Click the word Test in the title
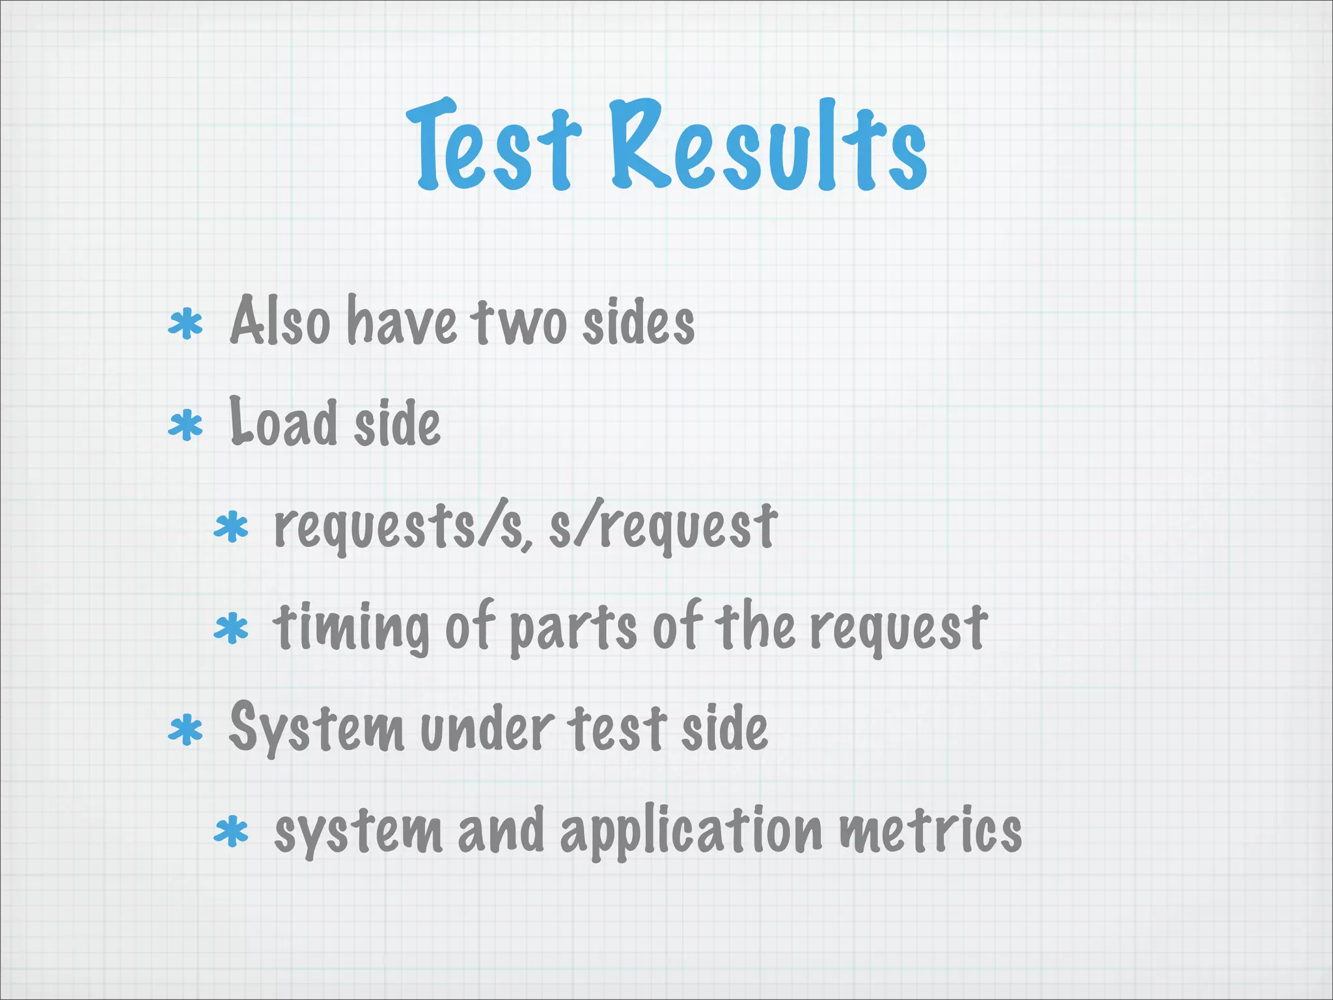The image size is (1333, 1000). (x=493, y=146)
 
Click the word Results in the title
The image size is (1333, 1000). (x=768, y=146)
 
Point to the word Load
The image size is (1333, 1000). (x=282, y=423)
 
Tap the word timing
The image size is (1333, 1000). (x=351, y=628)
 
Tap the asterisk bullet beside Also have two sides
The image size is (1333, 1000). (x=186, y=324)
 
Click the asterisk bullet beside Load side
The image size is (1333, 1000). (x=186, y=426)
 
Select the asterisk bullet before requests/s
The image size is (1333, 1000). (x=231, y=528)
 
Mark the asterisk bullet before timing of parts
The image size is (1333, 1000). (x=231, y=630)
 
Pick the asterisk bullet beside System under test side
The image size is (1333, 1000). (x=186, y=730)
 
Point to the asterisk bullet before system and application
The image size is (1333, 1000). (x=231, y=833)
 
